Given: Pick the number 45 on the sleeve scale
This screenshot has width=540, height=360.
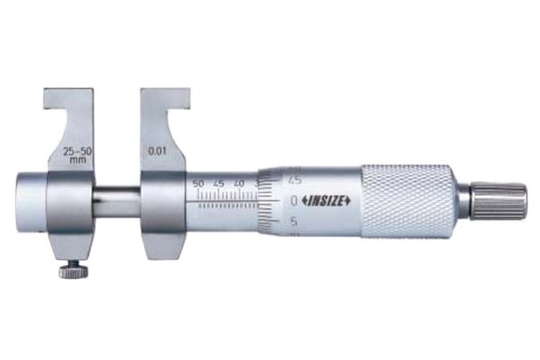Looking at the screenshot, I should click(x=219, y=184).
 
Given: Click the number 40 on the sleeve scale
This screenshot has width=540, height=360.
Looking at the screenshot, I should click(x=239, y=184).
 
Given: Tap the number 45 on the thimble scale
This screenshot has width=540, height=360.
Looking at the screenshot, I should click(x=293, y=177).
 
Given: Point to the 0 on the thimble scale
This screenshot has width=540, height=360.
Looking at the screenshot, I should click(x=293, y=198).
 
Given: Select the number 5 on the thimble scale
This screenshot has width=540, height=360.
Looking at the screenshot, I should click(x=293, y=220).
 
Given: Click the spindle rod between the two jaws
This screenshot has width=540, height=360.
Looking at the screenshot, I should click(x=117, y=200).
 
